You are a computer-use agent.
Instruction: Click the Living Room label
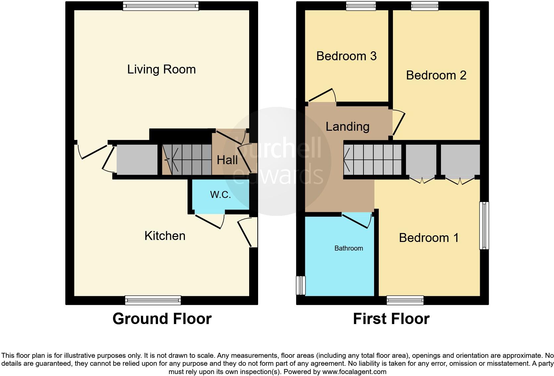click(161, 70)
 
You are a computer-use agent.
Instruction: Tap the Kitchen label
click(165, 236)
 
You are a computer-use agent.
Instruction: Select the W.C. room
click(220, 195)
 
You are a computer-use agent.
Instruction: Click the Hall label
click(227, 160)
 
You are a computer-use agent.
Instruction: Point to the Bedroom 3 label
click(346, 56)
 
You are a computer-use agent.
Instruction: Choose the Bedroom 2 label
click(436, 75)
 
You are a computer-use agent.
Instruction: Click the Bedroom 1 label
click(429, 238)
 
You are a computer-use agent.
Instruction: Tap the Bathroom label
click(349, 248)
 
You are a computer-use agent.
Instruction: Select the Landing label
click(347, 127)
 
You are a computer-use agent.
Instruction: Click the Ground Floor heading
click(162, 319)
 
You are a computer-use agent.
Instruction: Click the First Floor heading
click(391, 319)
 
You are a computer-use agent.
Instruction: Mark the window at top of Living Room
click(161, 6)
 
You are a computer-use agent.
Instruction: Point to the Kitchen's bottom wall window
click(153, 300)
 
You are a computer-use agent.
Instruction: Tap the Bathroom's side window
click(301, 285)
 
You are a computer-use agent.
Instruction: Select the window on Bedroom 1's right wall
click(484, 225)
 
